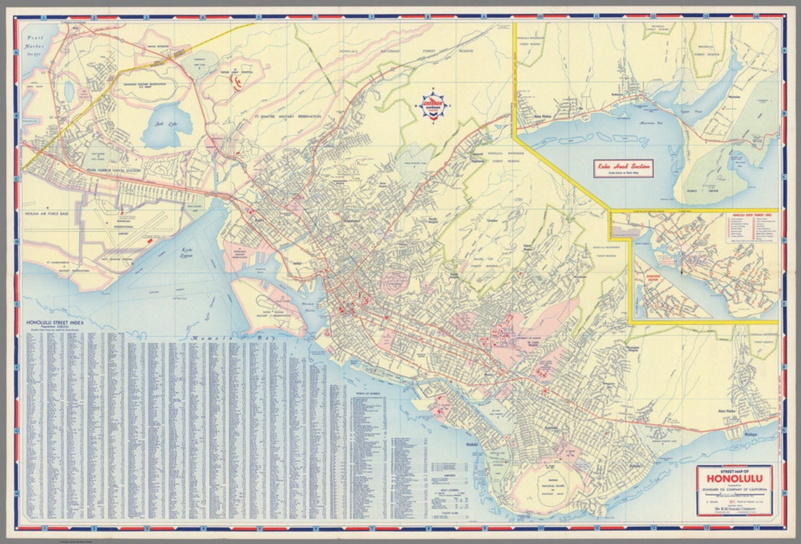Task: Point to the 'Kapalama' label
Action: coord(351,221)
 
